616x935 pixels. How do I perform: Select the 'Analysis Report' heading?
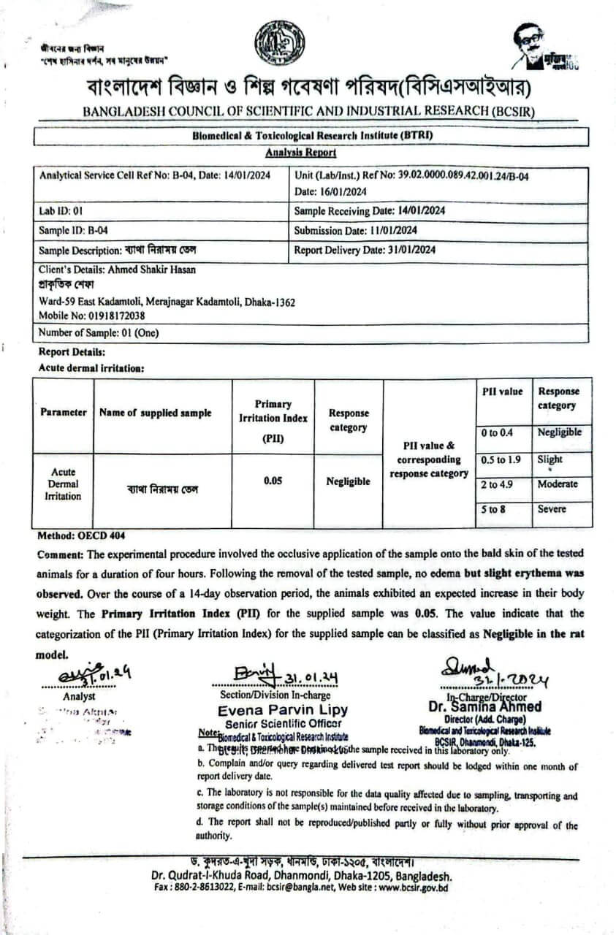pyautogui.click(x=301, y=153)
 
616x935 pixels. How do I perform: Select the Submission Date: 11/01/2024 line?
pyautogui.click(x=355, y=230)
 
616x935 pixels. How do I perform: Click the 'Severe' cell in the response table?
pyautogui.click(x=552, y=509)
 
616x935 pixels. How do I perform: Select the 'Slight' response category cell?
pyautogui.click(x=550, y=459)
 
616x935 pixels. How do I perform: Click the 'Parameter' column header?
pyautogui.click(x=64, y=413)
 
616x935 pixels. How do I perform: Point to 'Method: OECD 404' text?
pyautogui.click(x=76, y=535)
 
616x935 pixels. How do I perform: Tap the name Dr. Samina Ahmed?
pyautogui.click(x=484, y=706)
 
